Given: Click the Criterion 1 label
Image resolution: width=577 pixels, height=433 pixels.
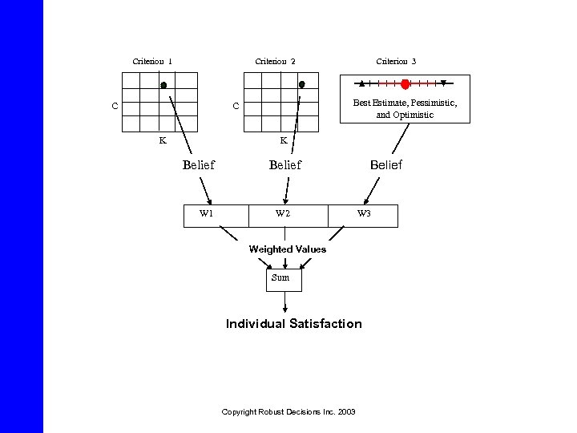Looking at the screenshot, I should [152, 62].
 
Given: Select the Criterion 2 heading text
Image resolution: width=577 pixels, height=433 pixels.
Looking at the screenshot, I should [275, 62].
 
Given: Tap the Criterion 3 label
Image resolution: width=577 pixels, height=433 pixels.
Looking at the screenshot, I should [396, 62].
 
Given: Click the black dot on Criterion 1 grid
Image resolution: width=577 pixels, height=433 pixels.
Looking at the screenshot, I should [163, 84].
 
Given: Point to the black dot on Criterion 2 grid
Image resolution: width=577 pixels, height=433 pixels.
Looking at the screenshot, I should [301, 84].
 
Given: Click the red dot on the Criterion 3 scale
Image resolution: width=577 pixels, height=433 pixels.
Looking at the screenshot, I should [406, 83].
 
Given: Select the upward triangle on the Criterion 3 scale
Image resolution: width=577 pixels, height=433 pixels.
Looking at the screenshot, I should [362, 83].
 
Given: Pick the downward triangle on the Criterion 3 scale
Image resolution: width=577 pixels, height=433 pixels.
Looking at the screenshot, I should [442, 83].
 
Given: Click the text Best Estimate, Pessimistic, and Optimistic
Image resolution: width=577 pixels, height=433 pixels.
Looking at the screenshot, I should [405, 108].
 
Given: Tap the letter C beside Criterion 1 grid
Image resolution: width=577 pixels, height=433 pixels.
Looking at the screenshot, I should [115, 106].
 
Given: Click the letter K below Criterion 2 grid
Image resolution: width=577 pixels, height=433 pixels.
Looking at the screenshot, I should [283, 140].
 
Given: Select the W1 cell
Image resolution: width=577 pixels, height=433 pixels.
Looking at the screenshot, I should [206, 214].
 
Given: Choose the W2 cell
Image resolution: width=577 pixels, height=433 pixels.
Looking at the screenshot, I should [282, 214].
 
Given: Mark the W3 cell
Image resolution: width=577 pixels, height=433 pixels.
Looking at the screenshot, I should [364, 214].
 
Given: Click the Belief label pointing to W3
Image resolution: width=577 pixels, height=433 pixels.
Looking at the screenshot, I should [385, 165].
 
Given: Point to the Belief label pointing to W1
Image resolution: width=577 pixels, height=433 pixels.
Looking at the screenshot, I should [199, 165].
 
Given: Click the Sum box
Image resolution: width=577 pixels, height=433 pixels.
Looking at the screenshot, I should [280, 277].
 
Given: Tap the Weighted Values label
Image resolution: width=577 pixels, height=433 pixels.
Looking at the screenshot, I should [287, 249].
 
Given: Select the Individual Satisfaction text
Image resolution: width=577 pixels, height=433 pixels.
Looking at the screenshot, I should [293, 324].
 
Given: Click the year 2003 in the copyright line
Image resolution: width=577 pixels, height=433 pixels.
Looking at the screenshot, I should [347, 411].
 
